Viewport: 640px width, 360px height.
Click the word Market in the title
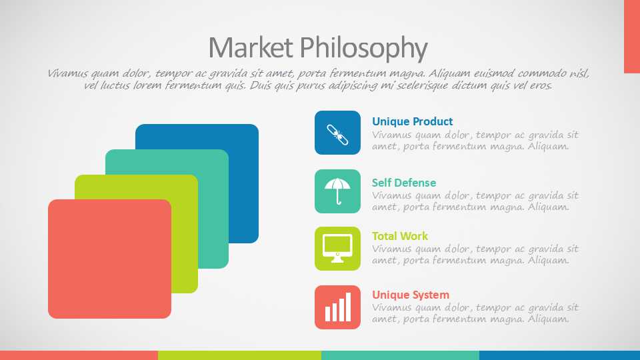point(251,47)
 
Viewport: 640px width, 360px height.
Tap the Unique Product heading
point(412,121)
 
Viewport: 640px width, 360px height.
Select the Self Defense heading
point(404,183)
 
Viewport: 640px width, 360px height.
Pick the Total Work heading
point(400,236)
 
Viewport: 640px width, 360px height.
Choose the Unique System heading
point(411,295)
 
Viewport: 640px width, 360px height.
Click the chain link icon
point(337,135)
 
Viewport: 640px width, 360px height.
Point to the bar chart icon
point(338,307)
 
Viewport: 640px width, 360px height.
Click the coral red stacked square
point(109,259)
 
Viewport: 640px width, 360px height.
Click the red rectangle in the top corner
point(632,37)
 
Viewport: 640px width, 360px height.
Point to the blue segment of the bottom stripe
point(559,355)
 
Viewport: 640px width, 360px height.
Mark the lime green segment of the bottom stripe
point(239,355)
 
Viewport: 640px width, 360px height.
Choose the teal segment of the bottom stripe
point(401,355)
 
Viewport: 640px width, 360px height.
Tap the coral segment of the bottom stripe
point(79,355)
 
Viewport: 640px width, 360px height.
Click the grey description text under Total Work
point(475,254)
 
